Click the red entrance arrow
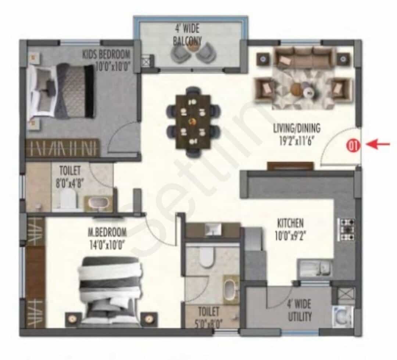click(x=378, y=145)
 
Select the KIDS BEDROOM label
click(x=106, y=54)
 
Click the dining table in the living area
click(x=193, y=122)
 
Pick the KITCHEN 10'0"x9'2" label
click(x=290, y=229)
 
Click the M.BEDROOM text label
click(x=107, y=232)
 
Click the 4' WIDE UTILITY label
click(x=300, y=310)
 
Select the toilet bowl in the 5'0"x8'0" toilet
click(x=207, y=256)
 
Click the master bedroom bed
click(x=109, y=291)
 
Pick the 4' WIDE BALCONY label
click(x=187, y=34)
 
